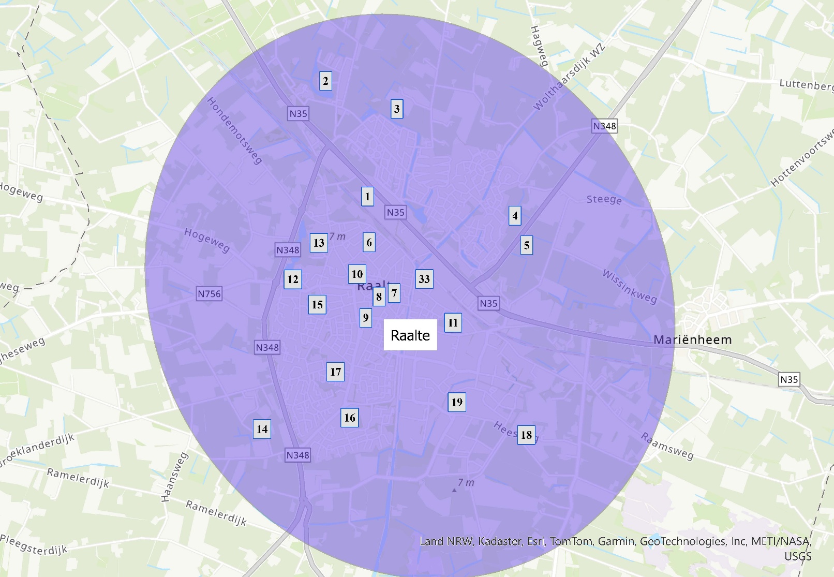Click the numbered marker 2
coord(325,81)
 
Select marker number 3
coord(397,109)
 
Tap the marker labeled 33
coord(424,279)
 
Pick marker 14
coord(262,428)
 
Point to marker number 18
coord(526,435)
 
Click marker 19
coord(457,402)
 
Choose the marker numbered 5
coord(527,245)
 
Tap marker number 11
coord(453,323)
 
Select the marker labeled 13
coord(319,243)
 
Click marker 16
coord(350,418)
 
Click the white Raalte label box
coord(410,335)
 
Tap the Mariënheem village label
coord(692,340)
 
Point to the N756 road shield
coord(209,294)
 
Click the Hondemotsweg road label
coord(234,130)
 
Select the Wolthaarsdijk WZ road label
coord(569,78)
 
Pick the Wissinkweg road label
coord(629,286)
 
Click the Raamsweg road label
coord(667,446)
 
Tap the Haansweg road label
coord(174,477)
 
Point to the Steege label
coord(604,199)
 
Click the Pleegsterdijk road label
coord(34,545)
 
